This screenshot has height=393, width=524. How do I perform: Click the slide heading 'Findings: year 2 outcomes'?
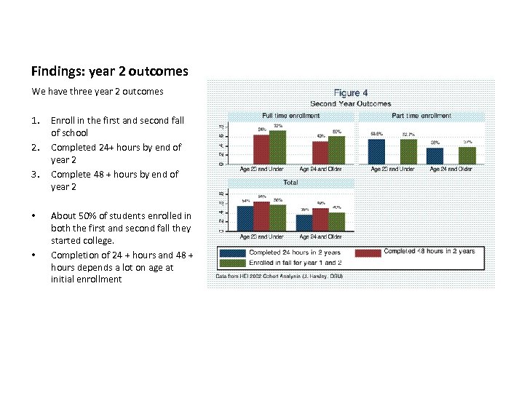tap(109, 71)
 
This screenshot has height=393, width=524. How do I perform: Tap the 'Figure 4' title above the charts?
tap(350, 93)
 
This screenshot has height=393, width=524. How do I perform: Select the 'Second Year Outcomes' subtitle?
tap(350, 103)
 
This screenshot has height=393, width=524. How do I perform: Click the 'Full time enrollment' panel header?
tap(290, 116)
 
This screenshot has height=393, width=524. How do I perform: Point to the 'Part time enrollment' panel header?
tap(421, 116)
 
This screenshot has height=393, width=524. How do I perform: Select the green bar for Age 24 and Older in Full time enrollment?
tap(336, 151)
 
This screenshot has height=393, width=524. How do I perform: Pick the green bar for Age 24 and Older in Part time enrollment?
tap(467, 156)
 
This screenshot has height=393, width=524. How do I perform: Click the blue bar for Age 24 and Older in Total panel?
tap(304, 222)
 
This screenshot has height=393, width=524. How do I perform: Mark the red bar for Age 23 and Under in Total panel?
tap(261, 215)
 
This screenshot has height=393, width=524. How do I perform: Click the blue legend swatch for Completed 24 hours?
tap(232, 253)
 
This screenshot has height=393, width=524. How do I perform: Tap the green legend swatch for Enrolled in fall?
tap(232, 263)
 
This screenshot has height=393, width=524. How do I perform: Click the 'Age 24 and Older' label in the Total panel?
tap(320, 237)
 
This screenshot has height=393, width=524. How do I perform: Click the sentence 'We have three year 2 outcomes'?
tap(98, 92)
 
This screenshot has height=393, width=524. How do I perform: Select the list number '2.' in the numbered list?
tap(36, 147)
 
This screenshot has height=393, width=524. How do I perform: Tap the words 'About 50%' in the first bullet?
tap(71, 215)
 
